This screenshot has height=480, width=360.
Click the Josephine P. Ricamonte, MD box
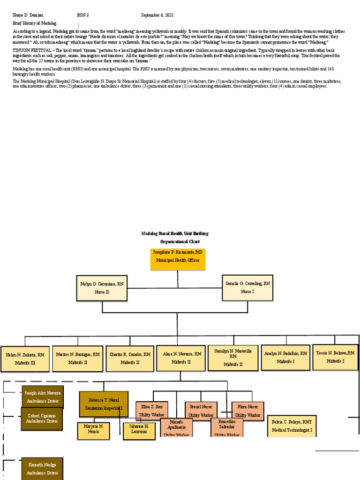click(x=178, y=259)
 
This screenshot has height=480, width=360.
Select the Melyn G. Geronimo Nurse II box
click(x=102, y=288)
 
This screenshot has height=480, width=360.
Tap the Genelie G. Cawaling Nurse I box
click(x=248, y=287)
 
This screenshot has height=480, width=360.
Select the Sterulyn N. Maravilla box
click(x=233, y=357)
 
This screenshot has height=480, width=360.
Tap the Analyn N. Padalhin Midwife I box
click(x=285, y=358)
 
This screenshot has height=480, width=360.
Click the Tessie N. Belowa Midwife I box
click(x=335, y=357)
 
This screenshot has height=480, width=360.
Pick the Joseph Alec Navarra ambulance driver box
click(x=43, y=397)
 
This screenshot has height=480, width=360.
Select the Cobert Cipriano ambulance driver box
click(x=42, y=419)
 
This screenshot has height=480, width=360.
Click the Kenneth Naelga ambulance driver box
click(x=42, y=468)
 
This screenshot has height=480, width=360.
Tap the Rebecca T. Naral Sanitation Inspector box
click(x=103, y=404)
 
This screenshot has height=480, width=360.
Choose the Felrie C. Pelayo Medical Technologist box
click(x=292, y=426)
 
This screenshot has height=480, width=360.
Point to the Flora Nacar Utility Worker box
click(x=248, y=411)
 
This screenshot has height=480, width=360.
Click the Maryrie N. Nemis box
click(x=93, y=431)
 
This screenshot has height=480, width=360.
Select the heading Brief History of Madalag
click(x=34, y=23)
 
